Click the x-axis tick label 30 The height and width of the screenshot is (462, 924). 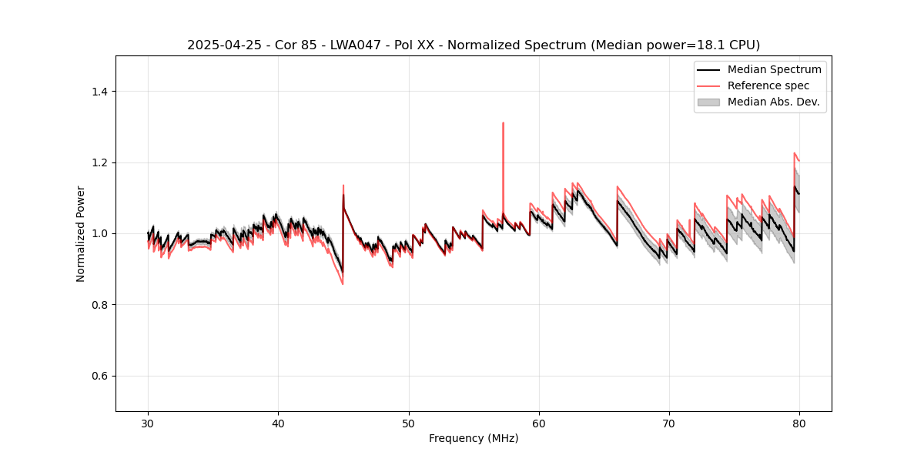tap(148, 423)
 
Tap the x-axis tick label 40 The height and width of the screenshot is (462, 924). tap(278, 423)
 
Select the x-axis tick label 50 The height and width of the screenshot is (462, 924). tap(409, 423)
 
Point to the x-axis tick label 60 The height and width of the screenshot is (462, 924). tap(539, 423)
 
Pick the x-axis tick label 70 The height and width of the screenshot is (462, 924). tap(669, 423)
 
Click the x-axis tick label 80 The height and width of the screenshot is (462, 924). tap(799, 423)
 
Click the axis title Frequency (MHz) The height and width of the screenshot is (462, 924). tap(474, 438)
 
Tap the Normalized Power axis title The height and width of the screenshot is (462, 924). tap(81, 233)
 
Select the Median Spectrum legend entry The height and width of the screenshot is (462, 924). tap(774, 69)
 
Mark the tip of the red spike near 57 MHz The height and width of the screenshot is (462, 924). tap(503, 122)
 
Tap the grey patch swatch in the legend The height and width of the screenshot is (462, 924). tap(708, 102)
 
